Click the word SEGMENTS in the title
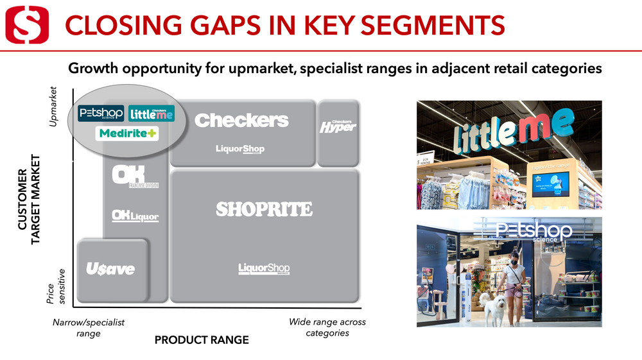[x=429, y=24]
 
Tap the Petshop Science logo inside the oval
[x=101, y=114]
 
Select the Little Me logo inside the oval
[x=152, y=114]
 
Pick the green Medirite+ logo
[x=126, y=134]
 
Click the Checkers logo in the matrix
[x=241, y=120]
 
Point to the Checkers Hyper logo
[x=338, y=126]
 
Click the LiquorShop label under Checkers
[x=240, y=149]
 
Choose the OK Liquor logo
[x=135, y=216]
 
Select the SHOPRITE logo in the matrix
[x=264, y=209]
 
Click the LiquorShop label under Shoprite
[x=264, y=268]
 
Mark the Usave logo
[x=111, y=269]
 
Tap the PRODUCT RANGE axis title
[x=202, y=340]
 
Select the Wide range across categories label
[x=327, y=327]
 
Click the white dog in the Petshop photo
[x=493, y=309]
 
